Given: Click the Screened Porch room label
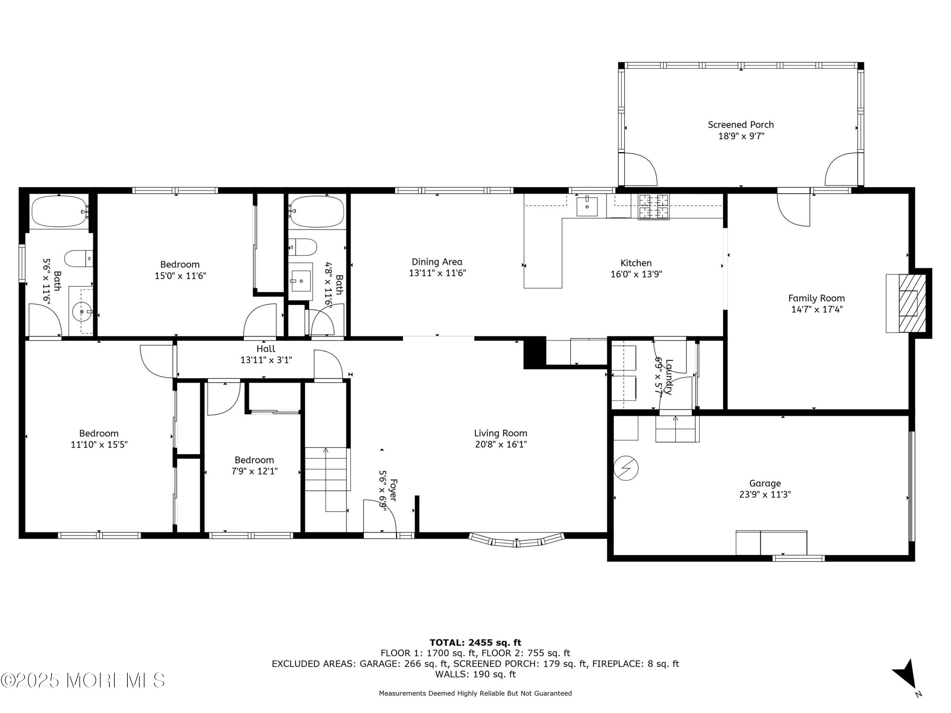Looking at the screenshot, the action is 741,125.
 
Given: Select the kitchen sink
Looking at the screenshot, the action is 587,206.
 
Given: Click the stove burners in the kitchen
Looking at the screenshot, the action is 653,207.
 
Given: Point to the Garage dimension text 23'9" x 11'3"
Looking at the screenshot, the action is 765,494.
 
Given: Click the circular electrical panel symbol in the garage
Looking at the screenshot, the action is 626,468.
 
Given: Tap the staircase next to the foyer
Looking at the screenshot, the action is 326,469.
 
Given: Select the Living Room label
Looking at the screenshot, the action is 501,433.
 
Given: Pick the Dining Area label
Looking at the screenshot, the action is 437,262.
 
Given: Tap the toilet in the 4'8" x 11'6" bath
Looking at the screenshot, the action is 303,247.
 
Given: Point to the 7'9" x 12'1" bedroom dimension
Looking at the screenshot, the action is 255,471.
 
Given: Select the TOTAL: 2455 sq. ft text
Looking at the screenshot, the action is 475,643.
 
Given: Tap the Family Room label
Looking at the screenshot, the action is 816,298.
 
